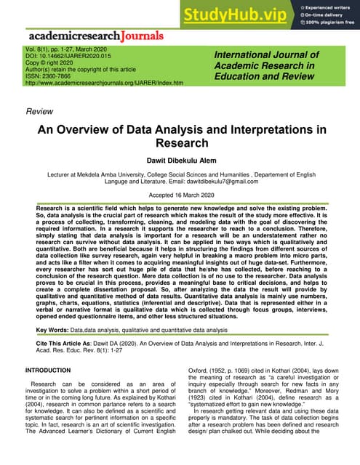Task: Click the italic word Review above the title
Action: click(x=39, y=112)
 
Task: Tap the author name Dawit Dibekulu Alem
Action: click(x=180, y=160)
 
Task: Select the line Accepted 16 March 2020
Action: click(x=180, y=196)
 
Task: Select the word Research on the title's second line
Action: click(x=180, y=144)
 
